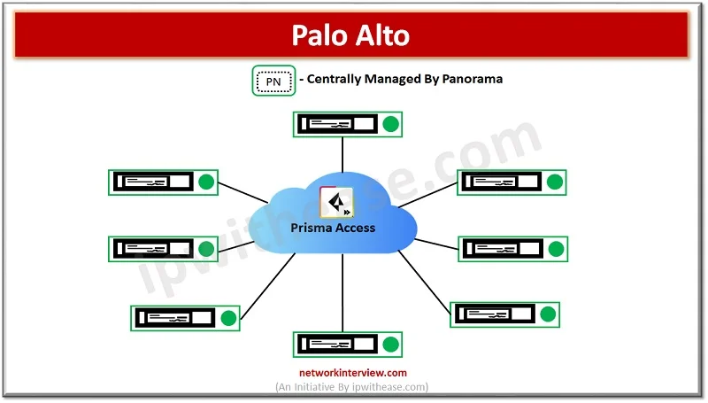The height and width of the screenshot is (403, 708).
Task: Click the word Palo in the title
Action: pos(319,35)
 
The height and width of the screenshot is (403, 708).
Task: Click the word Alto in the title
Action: pos(382,35)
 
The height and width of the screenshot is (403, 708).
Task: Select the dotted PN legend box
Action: pos(273,81)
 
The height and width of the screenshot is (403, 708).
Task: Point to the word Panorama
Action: pos(472,79)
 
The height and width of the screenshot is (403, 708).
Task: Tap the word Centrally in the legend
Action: pos(335,80)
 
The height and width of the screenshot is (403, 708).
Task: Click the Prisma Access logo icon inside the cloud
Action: pos(336,202)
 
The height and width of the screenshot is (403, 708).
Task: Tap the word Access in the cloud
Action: pos(356,228)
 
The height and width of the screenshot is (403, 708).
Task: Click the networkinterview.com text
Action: pos(353,373)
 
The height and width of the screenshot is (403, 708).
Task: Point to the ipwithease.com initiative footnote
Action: pos(351,387)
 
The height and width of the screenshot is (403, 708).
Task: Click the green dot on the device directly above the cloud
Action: pos(391,124)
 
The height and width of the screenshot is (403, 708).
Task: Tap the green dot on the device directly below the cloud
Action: pos(391,345)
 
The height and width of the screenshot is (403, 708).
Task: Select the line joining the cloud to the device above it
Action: pos(342,155)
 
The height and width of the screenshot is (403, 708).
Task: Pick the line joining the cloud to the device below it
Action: pos(342,292)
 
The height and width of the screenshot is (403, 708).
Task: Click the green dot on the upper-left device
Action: pos(206,182)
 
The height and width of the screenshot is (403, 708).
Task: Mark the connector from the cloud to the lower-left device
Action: pos(268,286)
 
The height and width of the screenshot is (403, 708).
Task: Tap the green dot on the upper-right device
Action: pos(555,182)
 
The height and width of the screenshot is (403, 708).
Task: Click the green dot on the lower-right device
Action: pos(548,314)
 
